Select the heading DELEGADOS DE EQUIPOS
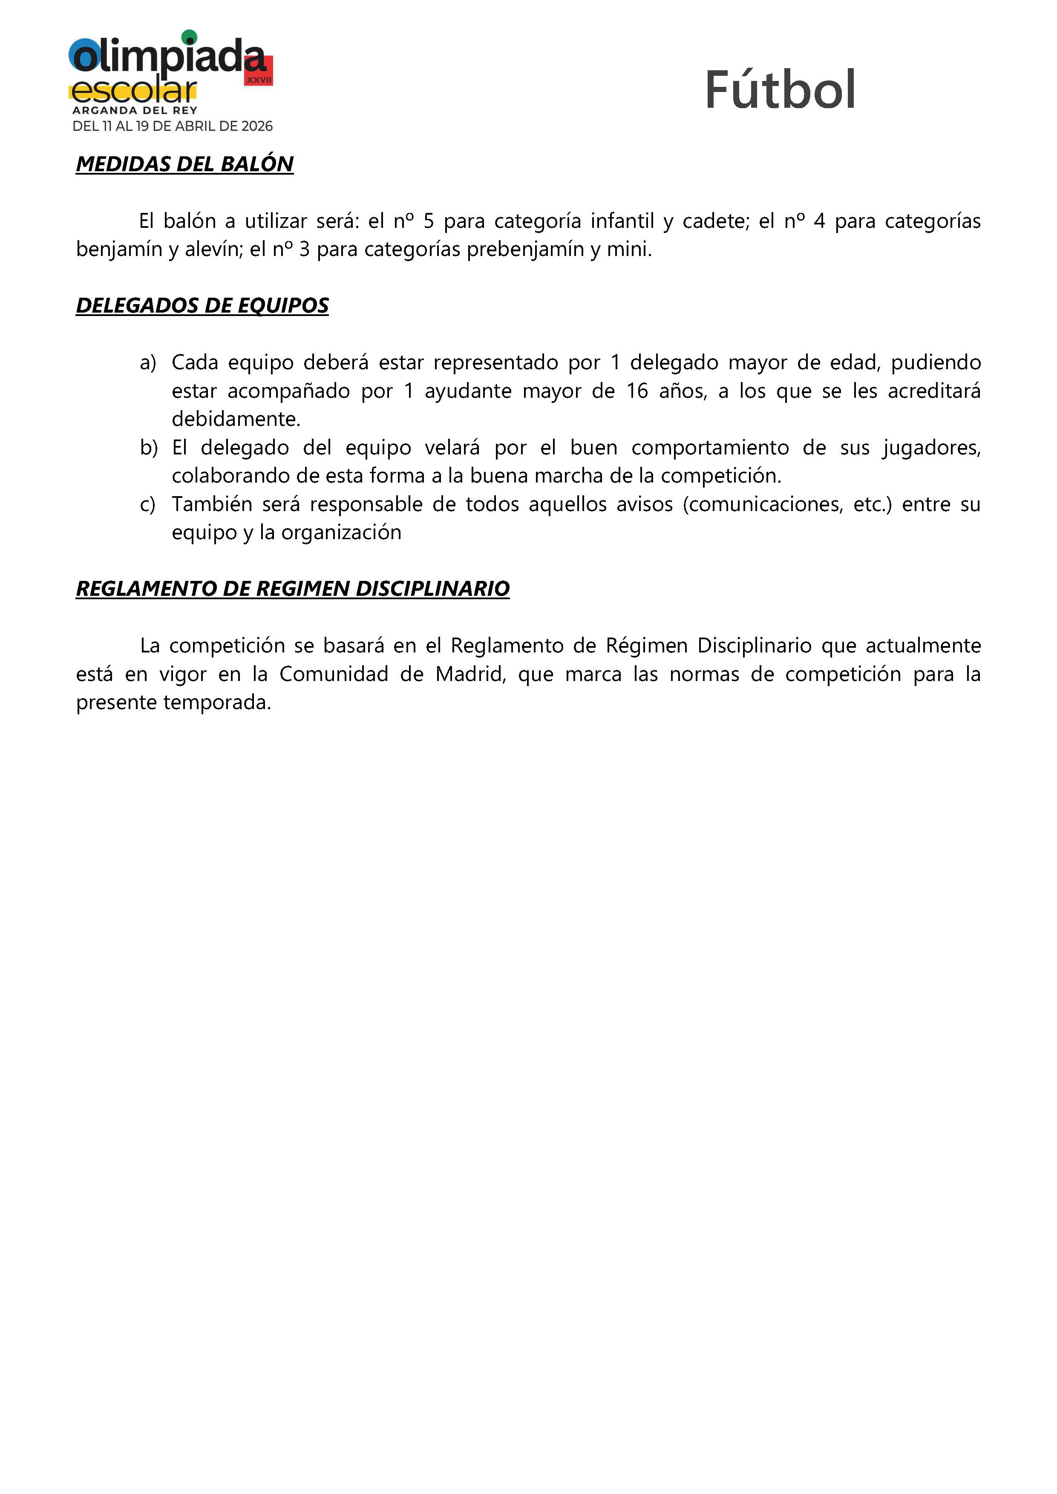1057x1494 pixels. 202,305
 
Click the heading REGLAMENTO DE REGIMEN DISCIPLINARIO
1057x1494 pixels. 292,588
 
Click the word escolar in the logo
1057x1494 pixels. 133,91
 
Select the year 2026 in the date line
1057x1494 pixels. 256,126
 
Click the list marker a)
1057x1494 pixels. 148,362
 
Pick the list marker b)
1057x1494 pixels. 148,448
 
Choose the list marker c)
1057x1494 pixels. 148,504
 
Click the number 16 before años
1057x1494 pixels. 637,391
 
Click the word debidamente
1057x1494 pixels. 236,419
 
